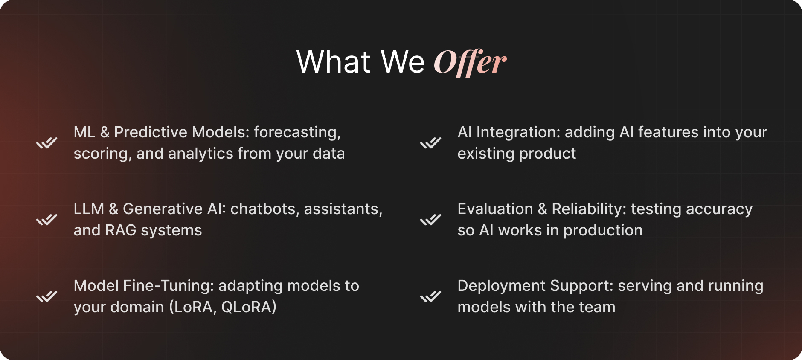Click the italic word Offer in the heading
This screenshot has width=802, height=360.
pos(470,62)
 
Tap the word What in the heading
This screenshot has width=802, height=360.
pos(334,62)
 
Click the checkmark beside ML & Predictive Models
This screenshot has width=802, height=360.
pos(46,143)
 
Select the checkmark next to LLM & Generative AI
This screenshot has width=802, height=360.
pos(46,220)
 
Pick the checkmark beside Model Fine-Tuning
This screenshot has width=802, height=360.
pos(46,296)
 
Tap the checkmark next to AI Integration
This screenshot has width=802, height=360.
pos(430,143)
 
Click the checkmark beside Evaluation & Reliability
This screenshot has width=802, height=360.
pos(430,220)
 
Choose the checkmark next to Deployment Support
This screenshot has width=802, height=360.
pos(430,296)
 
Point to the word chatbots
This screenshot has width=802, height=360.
pos(265,209)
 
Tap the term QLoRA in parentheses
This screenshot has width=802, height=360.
pos(247,307)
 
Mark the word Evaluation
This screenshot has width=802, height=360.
pos(495,209)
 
